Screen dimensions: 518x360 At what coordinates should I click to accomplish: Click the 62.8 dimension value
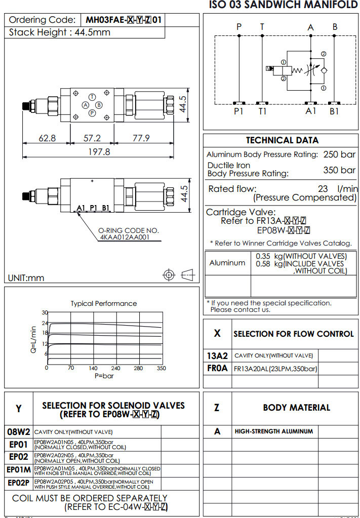point(47,138)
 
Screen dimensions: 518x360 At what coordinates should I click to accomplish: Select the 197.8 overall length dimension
point(99,151)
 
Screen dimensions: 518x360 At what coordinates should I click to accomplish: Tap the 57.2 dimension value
point(92,138)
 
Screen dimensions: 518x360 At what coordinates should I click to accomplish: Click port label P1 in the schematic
point(238,111)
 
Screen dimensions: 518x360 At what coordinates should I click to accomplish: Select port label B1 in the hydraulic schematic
point(334,111)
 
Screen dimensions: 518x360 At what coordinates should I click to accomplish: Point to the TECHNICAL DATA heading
point(282,140)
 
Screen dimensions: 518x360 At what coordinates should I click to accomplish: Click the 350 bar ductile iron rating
point(339,170)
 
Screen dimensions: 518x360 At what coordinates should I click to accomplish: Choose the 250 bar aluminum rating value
point(339,154)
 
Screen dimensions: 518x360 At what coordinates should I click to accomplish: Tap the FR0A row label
point(217,368)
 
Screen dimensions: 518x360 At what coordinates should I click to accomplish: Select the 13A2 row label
point(217,355)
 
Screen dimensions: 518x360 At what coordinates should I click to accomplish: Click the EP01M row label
point(19,469)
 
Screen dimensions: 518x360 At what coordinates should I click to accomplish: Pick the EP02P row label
point(19,483)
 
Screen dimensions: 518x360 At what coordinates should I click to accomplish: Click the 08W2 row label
point(19,432)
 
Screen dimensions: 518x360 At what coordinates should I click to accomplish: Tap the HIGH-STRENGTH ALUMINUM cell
point(273,431)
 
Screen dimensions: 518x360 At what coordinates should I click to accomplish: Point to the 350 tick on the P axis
point(161,368)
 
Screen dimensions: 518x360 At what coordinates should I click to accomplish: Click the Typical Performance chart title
point(103,303)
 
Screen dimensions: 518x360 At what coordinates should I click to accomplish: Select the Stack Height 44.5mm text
point(60,32)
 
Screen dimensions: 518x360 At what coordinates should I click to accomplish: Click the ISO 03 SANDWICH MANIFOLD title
point(283,5)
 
